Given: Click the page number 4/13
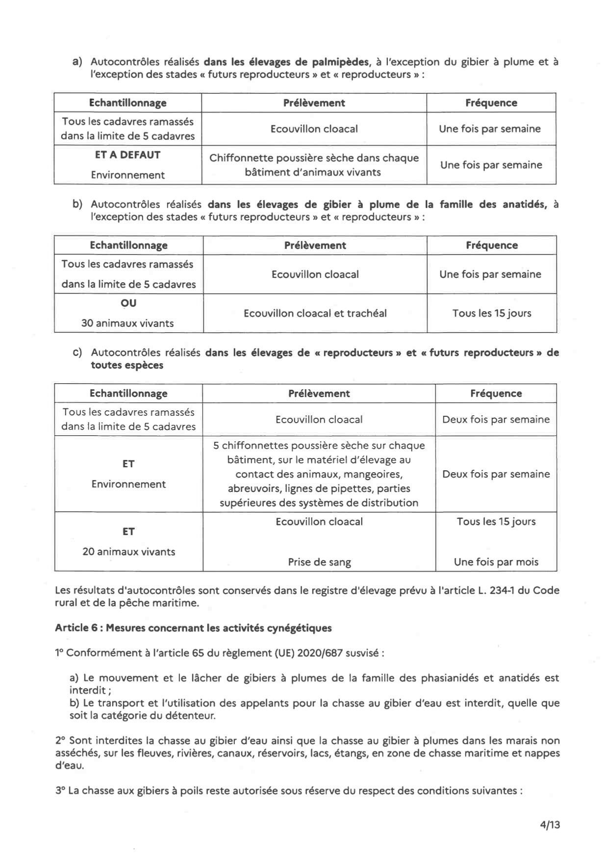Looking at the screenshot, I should [x=550, y=825].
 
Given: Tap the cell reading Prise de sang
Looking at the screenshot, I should [x=319, y=562].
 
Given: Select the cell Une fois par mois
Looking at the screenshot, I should [x=496, y=562].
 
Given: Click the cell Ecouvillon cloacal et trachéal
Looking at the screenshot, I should [x=315, y=313].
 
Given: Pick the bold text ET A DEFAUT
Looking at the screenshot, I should [x=127, y=155].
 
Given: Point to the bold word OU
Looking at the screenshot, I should [x=128, y=303].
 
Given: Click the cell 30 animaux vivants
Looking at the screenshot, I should [x=127, y=323].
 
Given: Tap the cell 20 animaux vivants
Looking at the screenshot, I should [x=128, y=552].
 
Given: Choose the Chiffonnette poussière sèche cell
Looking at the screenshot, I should [x=314, y=165].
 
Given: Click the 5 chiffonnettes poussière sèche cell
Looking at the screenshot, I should [x=319, y=474].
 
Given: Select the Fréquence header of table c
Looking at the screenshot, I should [x=496, y=393].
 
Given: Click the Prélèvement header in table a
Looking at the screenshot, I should [x=314, y=103].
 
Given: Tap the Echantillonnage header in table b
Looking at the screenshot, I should [x=128, y=245].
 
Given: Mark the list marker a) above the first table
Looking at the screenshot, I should [x=77, y=62].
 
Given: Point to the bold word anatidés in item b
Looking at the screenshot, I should [x=524, y=204].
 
